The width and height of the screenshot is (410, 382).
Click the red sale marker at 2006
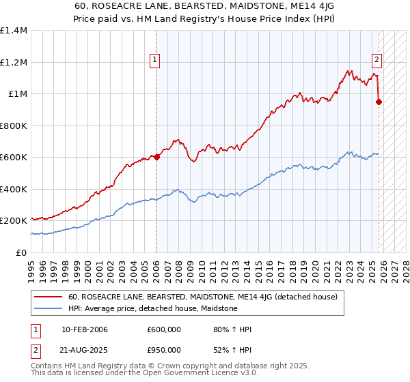coord(156,157)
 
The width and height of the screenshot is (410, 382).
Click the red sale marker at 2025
coord(379,102)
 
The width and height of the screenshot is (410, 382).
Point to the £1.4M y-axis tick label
coord(14,31)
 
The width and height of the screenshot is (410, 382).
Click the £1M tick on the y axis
coord(16,94)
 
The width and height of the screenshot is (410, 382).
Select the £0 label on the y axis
coord(22,252)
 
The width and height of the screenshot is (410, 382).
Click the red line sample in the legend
coord(49,297)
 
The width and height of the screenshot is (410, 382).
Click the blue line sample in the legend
coord(49,309)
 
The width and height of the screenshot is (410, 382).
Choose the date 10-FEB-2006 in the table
coord(84,329)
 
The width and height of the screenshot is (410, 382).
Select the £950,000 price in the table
coord(163,350)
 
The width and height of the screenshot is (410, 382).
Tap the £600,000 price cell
coord(163,329)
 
